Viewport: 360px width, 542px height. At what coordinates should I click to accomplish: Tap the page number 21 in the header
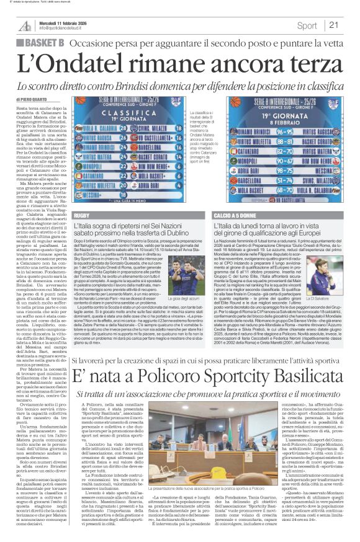334,25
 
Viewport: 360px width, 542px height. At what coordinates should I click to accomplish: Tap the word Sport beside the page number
307,25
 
